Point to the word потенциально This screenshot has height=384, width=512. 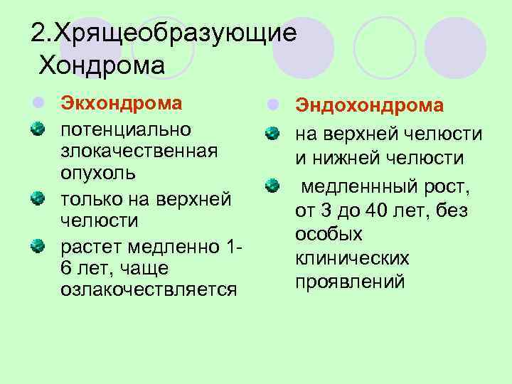pos(126,130)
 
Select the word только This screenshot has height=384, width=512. pos(93,200)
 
